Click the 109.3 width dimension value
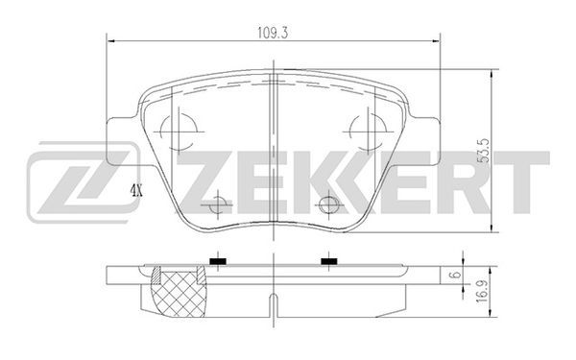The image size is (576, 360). [273, 33]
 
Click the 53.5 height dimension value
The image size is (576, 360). [484, 151]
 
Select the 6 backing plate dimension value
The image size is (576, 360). [455, 275]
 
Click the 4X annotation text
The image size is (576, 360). [136, 191]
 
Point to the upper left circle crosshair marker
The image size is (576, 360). [179, 132]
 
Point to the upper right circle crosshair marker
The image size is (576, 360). [368, 132]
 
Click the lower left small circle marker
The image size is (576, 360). [218, 204]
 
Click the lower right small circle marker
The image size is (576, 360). [329, 204]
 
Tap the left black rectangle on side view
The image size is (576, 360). [218, 261]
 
